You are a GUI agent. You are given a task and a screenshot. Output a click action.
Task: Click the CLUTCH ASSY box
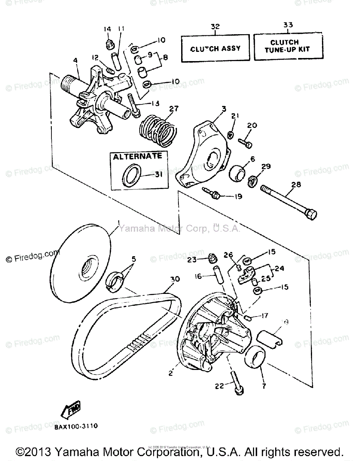point(215,48)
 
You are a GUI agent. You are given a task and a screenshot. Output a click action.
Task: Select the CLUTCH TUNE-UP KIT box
point(288,46)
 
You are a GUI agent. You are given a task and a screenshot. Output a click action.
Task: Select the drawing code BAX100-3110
point(76,426)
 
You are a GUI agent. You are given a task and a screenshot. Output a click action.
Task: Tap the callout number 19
point(238,196)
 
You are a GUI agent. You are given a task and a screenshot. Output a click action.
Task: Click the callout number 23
point(192,260)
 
